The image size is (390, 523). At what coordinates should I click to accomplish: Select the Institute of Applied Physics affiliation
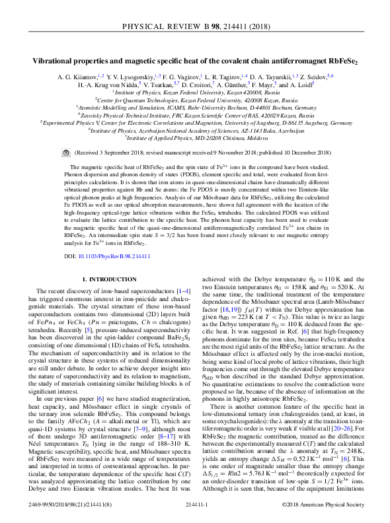click(x=195, y=137)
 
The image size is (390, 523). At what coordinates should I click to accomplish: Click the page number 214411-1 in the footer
click(x=196, y=505)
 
